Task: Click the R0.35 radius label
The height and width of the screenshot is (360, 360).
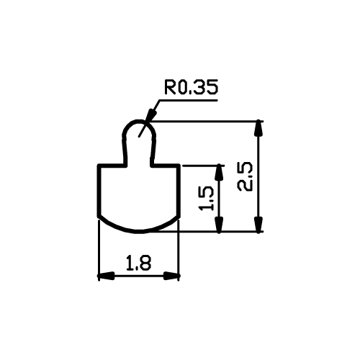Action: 192,86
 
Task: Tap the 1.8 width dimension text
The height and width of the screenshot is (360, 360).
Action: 139,263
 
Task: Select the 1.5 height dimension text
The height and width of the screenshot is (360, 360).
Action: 206,198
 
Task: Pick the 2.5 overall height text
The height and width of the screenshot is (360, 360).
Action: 245,177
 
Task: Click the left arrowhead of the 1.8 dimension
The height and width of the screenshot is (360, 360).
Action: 106,276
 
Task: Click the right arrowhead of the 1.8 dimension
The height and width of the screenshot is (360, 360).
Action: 171,276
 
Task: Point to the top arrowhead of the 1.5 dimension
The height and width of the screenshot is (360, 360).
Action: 219,173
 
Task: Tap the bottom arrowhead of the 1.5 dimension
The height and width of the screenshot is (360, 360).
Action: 219,225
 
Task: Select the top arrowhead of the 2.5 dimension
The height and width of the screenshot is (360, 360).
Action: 258,129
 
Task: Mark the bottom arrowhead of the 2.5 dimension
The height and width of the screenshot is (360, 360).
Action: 258,225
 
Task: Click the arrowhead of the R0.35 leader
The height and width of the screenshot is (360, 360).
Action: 150,115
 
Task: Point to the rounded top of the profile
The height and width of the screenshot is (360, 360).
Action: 139,121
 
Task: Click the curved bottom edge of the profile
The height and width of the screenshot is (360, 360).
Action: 139,231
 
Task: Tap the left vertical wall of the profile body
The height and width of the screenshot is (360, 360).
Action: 99,191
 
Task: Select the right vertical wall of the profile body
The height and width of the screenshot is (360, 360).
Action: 179,191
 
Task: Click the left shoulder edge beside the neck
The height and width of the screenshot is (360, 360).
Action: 112,166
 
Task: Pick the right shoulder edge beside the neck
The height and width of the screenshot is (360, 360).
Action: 166,166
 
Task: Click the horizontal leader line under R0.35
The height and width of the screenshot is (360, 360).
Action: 188,100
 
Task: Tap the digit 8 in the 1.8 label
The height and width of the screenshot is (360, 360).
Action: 146,263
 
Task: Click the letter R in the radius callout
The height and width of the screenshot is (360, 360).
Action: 170,87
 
